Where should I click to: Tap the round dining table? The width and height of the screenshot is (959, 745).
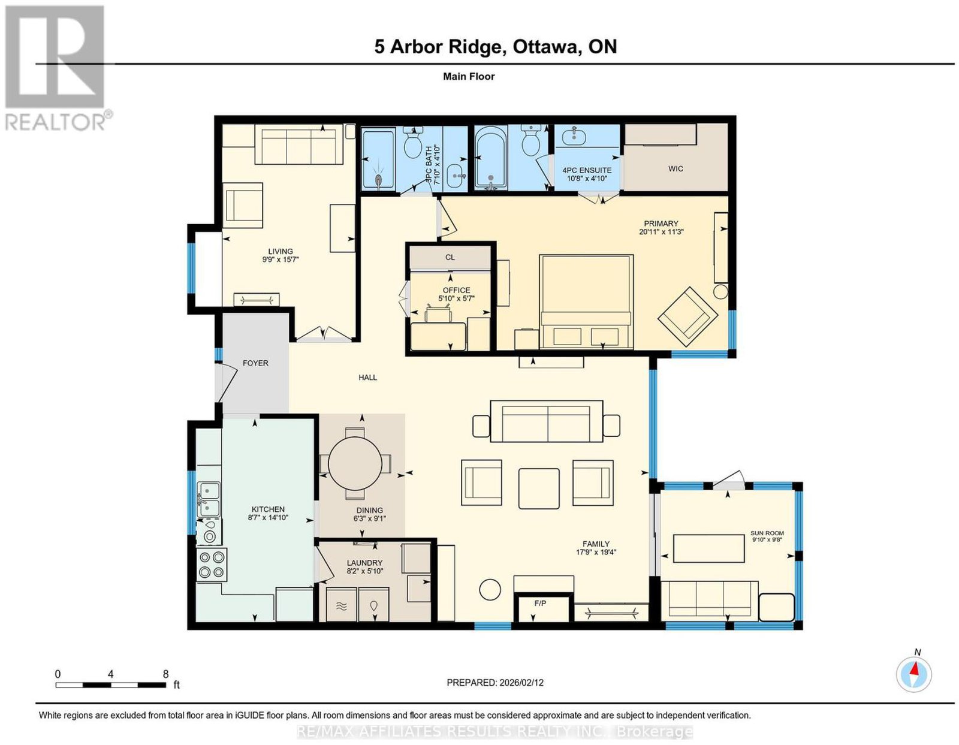click(x=355, y=463)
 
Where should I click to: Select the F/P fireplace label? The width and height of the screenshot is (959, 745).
click(x=540, y=603)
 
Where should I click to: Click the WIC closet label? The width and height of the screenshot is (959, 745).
click(x=675, y=168)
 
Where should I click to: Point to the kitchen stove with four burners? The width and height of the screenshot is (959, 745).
click(x=212, y=565)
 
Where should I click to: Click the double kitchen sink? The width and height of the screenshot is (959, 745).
click(x=209, y=499)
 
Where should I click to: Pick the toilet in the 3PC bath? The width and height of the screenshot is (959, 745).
click(x=413, y=142)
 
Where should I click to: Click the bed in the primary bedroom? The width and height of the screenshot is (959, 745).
click(x=586, y=302)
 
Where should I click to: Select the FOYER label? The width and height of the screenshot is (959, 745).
click(x=255, y=363)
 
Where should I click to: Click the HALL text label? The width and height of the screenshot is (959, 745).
click(x=367, y=377)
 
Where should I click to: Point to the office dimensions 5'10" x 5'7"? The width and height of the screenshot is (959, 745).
click(x=456, y=298)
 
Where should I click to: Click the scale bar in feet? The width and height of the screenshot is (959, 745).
click(x=111, y=685)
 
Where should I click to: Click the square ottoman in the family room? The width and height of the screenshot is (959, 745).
click(x=539, y=488)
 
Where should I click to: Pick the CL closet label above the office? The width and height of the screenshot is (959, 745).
click(x=450, y=257)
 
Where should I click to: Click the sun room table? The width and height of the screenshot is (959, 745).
click(x=709, y=548)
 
